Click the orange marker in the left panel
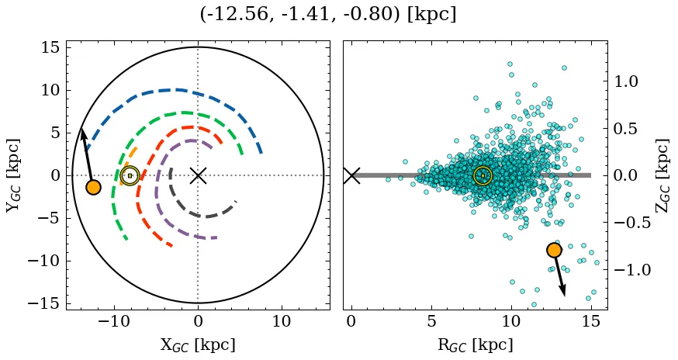[x=93, y=187]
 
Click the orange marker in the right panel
[x=554, y=250]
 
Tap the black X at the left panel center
[x=198, y=175]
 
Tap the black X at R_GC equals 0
[x=351, y=175]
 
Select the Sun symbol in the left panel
[x=130, y=175]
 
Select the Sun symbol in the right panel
[x=483, y=175]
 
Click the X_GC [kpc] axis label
[x=198, y=345]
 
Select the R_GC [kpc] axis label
[x=475, y=345]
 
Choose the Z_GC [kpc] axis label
[x=662, y=175]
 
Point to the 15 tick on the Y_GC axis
[x=50, y=47]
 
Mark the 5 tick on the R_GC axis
[x=431, y=321]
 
